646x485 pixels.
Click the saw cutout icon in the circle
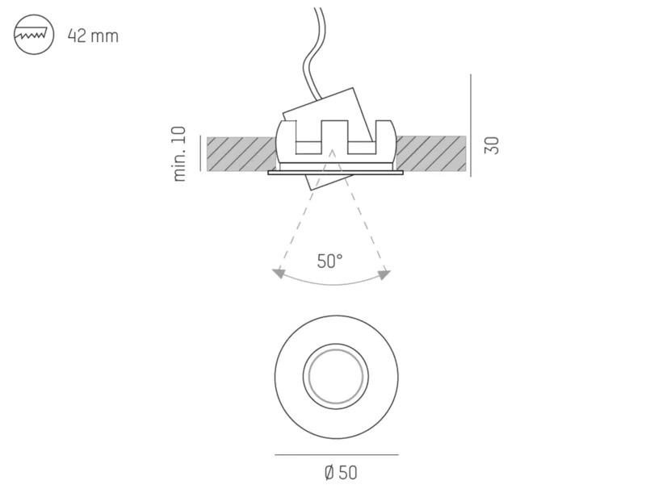point(34,35)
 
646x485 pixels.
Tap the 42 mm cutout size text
point(93,36)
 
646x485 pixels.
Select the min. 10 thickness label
point(179,154)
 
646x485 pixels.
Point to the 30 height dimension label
point(492,145)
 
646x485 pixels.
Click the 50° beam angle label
point(329,261)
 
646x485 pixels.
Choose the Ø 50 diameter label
point(341,472)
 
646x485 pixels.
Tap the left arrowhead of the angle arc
point(279,273)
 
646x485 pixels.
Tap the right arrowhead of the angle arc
point(384,274)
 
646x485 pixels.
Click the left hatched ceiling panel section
point(241,153)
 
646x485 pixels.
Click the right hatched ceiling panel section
point(430,153)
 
